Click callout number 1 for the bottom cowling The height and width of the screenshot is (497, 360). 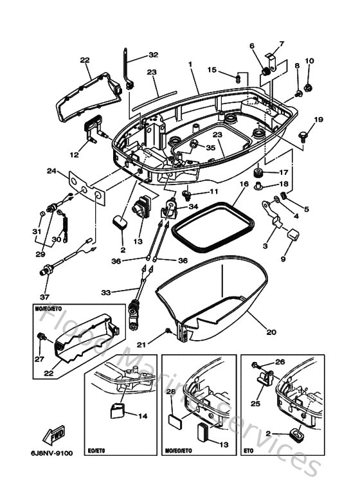click(x=191, y=64)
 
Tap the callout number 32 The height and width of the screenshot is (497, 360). click(x=153, y=55)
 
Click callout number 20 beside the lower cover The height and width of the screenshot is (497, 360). click(x=271, y=332)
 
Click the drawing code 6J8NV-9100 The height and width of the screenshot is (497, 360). click(x=51, y=453)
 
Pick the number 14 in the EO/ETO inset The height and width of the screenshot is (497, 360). click(x=143, y=415)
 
